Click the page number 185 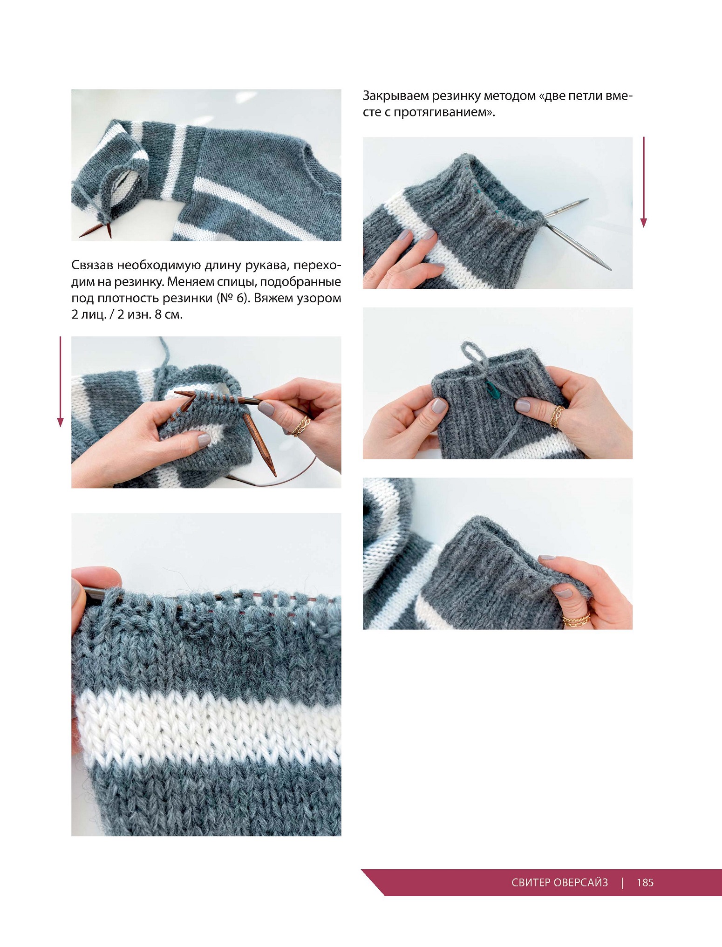[645, 882]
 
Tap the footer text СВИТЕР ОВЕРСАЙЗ [559, 882]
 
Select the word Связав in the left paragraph [92, 265]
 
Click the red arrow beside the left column [60, 382]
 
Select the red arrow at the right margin [644, 182]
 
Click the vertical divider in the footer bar [622, 883]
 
